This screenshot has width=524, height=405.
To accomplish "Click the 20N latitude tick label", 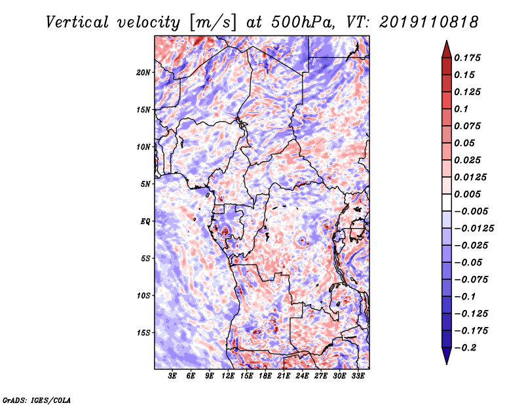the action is (x=143, y=73).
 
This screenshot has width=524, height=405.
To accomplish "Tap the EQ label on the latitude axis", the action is (x=145, y=222).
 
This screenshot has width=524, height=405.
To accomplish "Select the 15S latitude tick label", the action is (x=143, y=333).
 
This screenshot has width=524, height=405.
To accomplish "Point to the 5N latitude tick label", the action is (x=145, y=184).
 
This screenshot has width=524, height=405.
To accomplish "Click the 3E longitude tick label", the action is (x=172, y=376).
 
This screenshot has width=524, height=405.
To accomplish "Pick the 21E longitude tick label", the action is (x=284, y=376).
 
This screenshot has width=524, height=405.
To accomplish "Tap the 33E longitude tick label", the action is (x=358, y=376).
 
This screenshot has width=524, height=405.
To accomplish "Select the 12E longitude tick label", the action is (x=227, y=376).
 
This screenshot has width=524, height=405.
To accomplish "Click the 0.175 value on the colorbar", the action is (x=467, y=58).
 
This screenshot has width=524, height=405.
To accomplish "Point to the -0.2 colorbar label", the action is (x=465, y=348).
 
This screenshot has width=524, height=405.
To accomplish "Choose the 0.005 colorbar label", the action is (x=467, y=194).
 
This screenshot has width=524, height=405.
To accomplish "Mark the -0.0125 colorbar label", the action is (x=474, y=229).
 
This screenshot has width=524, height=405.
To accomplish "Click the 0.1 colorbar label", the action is (x=461, y=109).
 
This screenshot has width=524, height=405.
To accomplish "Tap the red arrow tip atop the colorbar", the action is (x=447, y=41).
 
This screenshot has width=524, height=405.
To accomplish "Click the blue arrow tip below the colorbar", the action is (x=447, y=364).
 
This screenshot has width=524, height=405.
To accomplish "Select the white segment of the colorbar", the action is (x=447, y=202).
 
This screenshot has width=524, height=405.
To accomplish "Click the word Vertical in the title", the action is (x=77, y=22).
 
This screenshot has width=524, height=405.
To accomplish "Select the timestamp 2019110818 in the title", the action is (x=428, y=22).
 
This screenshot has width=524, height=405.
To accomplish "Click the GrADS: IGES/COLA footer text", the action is (x=37, y=400).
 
